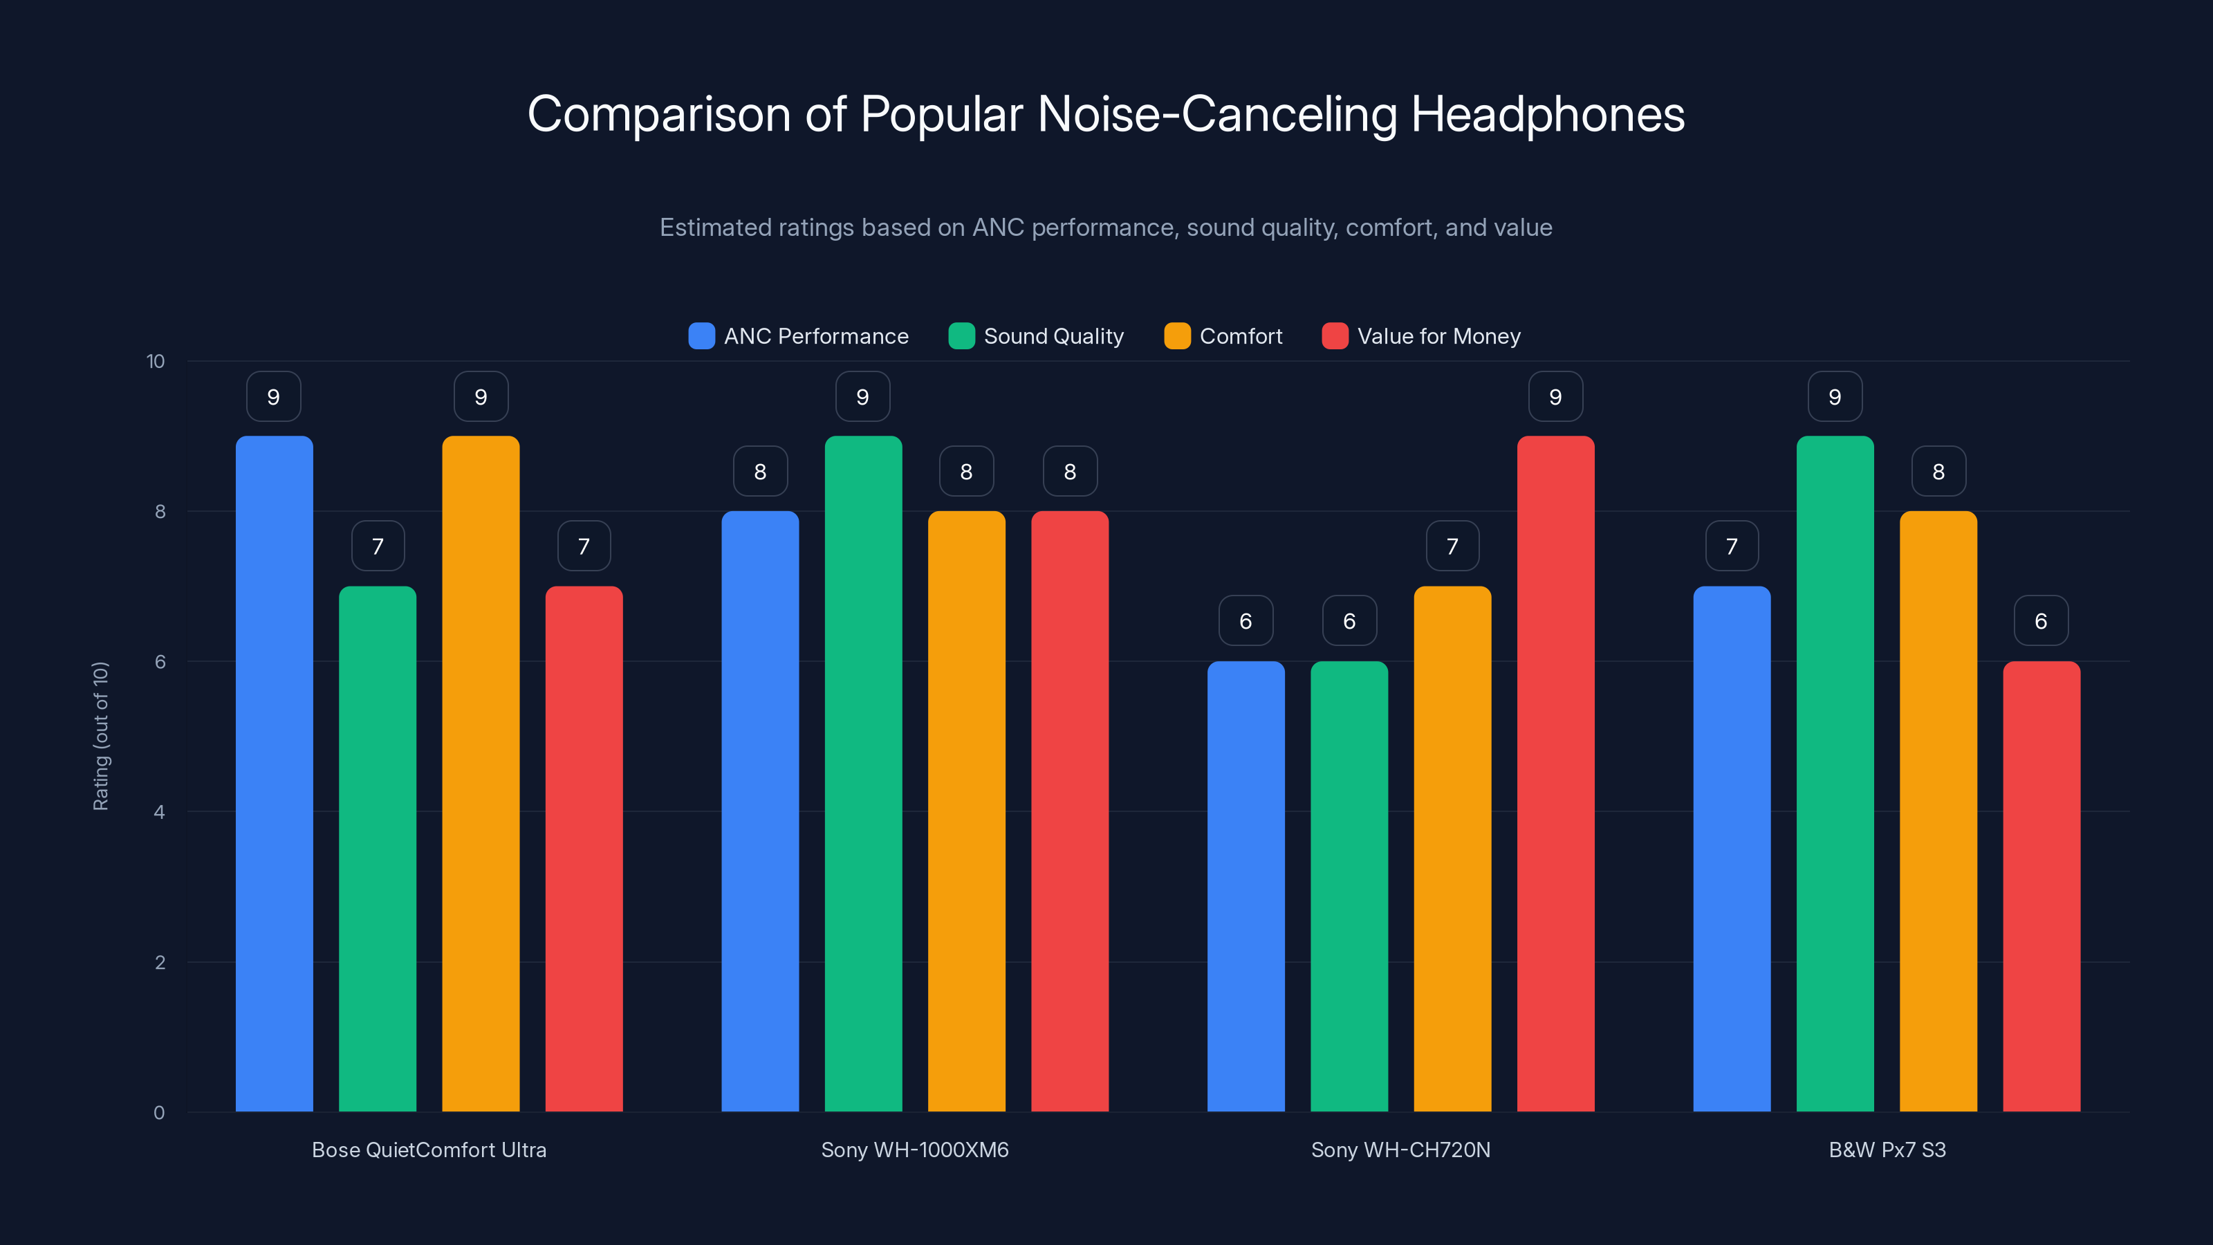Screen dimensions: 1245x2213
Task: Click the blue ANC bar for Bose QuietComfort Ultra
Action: pyautogui.click(x=274, y=773)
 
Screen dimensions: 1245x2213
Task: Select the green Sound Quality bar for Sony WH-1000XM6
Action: pyautogui.click(x=862, y=773)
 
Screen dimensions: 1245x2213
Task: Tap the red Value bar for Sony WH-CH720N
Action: pyautogui.click(x=1555, y=773)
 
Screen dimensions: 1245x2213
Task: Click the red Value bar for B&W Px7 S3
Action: pyautogui.click(x=2041, y=885)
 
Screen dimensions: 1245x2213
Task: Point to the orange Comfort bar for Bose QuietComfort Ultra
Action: pyautogui.click(x=480, y=773)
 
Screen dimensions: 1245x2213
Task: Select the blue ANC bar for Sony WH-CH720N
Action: pyautogui.click(x=1246, y=885)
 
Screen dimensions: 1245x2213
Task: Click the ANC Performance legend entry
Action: pyautogui.click(x=798, y=336)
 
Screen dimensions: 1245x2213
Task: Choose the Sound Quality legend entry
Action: pyautogui.click(x=1036, y=336)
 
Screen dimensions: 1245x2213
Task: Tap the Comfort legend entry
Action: pyautogui.click(x=1223, y=336)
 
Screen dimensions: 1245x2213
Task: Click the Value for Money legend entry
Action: pyautogui.click(x=1422, y=336)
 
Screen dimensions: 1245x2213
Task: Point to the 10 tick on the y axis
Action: pyautogui.click(x=156, y=361)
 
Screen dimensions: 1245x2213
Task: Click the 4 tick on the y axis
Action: pyautogui.click(x=159, y=812)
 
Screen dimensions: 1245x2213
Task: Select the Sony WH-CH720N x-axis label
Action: pyautogui.click(x=1400, y=1150)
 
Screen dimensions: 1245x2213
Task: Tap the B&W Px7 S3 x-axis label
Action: pyautogui.click(x=1887, y=1150)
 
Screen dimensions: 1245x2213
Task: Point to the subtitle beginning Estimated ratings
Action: pyautogui.click(x=1106, y=228)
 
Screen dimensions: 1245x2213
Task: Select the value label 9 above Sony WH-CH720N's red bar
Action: pyautogui.click(x=1555, y=397)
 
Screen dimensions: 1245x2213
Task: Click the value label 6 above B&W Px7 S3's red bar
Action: pyautogui.click(x=2041, y=621)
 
